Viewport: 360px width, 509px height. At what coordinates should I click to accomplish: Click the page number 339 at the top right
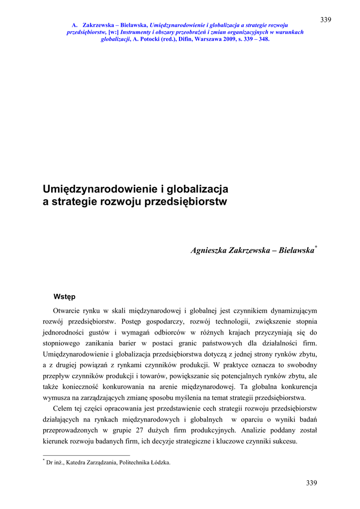coord(326,19)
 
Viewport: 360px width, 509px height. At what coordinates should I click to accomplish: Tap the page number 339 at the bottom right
coord(311,483)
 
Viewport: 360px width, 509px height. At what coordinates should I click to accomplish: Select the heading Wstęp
coord(65,297)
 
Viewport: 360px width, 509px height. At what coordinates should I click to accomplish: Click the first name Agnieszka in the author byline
coord(210,251)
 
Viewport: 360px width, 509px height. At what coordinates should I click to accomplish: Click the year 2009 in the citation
coord(230,39)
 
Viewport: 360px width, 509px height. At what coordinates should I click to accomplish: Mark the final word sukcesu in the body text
coord(284,441)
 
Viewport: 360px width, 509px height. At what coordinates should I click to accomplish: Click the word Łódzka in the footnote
coord(160,462)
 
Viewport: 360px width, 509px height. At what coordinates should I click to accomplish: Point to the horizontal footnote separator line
coord(87,455)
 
